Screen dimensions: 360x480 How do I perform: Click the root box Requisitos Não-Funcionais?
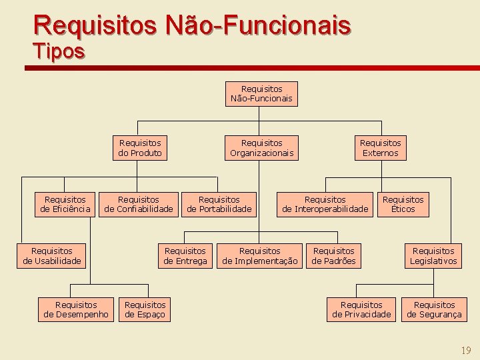[261, 94]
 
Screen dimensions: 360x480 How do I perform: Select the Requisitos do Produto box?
[140, 148]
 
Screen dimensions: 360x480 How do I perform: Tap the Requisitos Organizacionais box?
[261, 148]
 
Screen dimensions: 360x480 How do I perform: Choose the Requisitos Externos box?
[381, 148]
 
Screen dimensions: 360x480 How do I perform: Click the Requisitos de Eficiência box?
[65, 205]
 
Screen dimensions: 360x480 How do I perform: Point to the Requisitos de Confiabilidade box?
[139, 205]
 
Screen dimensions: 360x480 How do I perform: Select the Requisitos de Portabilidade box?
[219, 205]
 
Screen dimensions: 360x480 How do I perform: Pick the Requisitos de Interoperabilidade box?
[325, 205]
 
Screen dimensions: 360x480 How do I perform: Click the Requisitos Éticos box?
[403, 205]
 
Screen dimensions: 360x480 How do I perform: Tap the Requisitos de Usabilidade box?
[52, 256]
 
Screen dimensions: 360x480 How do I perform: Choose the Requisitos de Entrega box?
[185, 256]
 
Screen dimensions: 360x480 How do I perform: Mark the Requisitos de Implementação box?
[260, 256]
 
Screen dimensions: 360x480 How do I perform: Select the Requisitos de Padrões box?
[334, 256]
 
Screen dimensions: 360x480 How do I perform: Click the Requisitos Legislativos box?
[433, 256]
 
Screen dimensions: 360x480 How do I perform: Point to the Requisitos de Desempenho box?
[76, 309]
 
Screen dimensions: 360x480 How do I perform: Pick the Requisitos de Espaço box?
[145, 309]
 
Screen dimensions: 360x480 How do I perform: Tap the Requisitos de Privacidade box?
[361, 309]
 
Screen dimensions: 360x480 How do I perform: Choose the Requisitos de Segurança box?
[434, 309]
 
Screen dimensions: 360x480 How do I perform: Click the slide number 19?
[466, 350]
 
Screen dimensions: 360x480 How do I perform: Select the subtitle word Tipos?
[59, 51]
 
